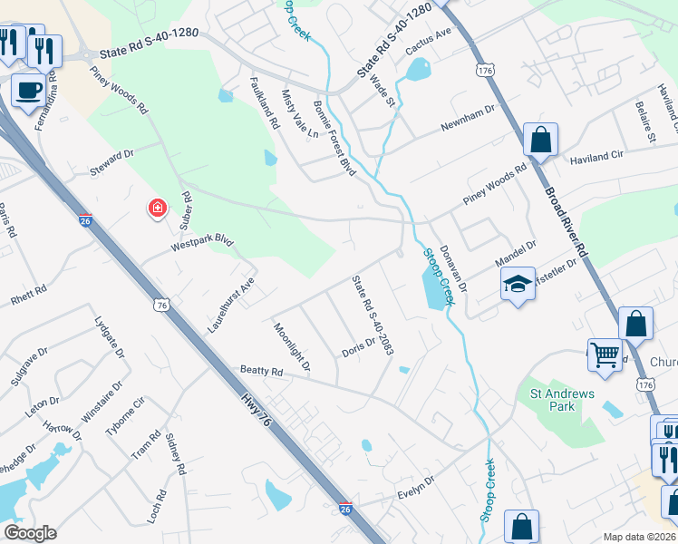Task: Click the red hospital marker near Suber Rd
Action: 158,209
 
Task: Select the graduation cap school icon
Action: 517,285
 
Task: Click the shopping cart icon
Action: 604,354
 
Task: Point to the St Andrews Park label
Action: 562,400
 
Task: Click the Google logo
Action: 30,533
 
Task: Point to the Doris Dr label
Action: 358,347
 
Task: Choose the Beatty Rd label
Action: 262,371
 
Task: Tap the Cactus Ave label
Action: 430,40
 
